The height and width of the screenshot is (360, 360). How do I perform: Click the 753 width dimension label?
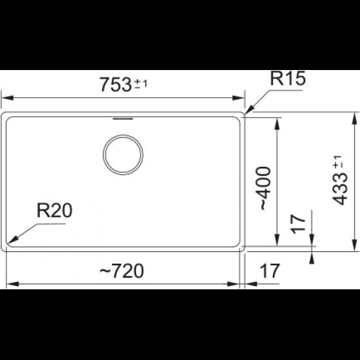coord(115,84)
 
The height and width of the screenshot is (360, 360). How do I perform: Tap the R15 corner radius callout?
coord(288,79)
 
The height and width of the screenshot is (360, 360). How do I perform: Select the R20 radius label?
coord(54,210)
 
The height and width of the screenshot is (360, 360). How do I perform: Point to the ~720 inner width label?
coord(122,271)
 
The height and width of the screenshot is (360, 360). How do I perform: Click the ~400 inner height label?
coord(266,188)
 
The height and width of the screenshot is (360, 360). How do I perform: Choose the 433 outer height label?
coord(340,189)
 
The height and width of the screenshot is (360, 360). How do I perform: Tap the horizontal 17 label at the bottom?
coord(270,271)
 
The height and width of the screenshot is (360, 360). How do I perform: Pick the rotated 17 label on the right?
coord(298,224)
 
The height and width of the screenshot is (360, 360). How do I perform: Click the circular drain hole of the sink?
coord(123,154)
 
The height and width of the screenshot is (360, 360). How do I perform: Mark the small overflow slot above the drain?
coord(123,118)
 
